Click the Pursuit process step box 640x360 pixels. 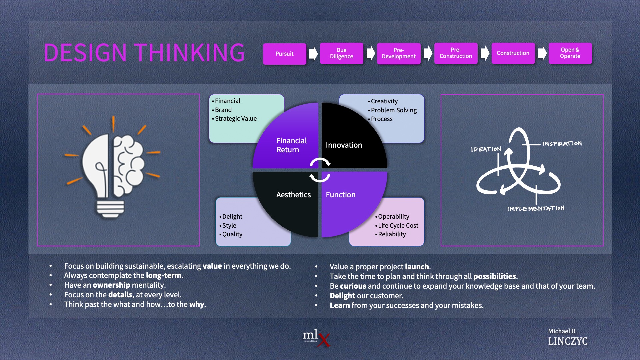point(284,54)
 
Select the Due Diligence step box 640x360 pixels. point(341,53)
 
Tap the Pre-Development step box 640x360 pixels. point(399,53)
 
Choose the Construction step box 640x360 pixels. point(513,53)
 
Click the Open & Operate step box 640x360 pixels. point(570,53)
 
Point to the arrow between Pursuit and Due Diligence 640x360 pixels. point(313,53)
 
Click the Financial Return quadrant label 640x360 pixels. point(291,145)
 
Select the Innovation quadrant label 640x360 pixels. point(344,145)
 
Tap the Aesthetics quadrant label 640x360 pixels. point(293,195)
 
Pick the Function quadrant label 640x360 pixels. point(340,195)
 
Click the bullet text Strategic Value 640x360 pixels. point(236,119)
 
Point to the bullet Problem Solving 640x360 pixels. point(394,110)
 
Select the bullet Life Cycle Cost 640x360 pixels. point(398,226)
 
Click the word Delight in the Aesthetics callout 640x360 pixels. point(232,217)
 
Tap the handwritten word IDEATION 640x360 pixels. point(486,149)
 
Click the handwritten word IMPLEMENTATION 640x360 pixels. point(536,209)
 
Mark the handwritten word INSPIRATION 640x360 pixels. point(562,144)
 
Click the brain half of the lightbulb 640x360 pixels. point(128,165)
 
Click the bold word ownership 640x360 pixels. point(111,285)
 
